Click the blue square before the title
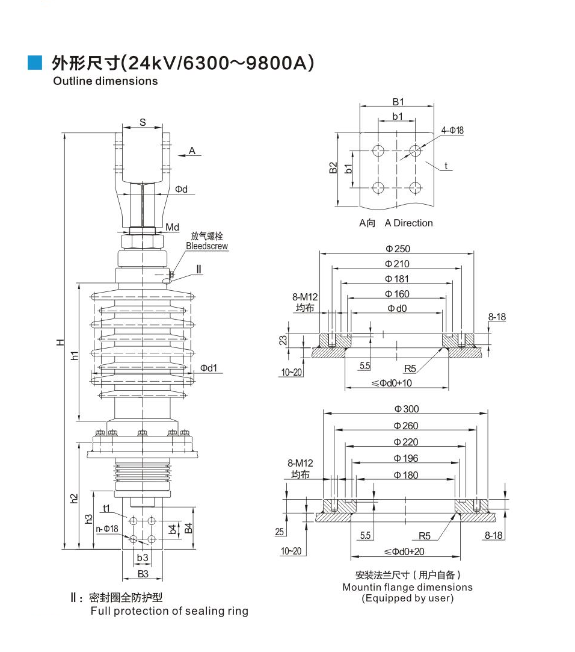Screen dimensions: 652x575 coord(34,62)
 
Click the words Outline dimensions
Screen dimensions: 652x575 coord(105,81)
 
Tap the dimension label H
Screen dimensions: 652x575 coord(60,342)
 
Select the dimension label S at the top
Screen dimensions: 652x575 coord(143,122)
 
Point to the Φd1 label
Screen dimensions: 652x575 coord(209,368)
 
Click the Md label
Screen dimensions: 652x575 coord(172,227)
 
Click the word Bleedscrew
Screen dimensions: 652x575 coord(207,246)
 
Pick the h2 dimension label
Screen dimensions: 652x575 coord(74,498)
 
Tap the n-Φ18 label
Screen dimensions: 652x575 coord(107,529)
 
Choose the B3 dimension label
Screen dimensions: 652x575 coord(143,574)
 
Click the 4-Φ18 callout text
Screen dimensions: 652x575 coord(452,130)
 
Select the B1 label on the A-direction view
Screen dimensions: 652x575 coord(398,102)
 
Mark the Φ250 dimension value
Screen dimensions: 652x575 coord(398,249)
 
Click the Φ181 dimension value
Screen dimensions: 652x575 coord(397,279)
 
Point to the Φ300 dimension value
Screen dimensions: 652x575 coord(407,409)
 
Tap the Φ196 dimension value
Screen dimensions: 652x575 coord(406,458)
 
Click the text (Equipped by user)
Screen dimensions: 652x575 coord(407,598)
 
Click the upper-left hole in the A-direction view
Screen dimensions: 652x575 coord(378,150)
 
